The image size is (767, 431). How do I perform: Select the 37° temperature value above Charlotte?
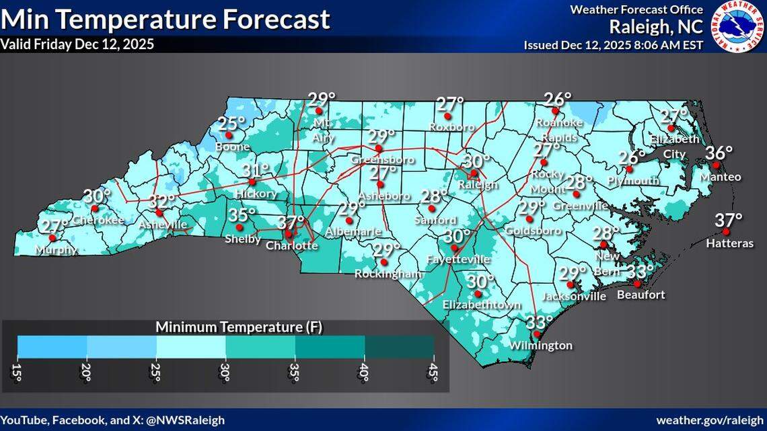pyautogui.click(x=291, y=223)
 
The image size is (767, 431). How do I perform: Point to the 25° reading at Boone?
pyautogui.click(x=231, y=124)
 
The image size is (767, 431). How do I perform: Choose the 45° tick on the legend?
pyautogui.click(x=434, y=372)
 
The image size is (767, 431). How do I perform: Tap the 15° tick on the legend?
pyautogui.click(x=17, y=372)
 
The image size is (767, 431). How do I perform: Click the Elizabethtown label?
pyautogui.click(x=482, y=305)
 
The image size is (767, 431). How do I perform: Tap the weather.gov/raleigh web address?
pyautogui.click(x=709, y=420)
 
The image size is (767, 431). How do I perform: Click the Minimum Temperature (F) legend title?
pyautogui.click(x=240, y=327)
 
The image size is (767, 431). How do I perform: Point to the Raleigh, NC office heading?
pyautogui.click(x=656, y=28)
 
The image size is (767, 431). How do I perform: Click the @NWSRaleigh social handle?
pyautogui.click(x=185, y=420)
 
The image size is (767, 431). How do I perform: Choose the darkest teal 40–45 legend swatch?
pyautogui.click(x=399, y=345)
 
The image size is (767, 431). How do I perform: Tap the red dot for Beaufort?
pyautogui.click(x=636, y=284)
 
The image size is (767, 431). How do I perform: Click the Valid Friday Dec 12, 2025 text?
pyautogui.click(x=77, y=44)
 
